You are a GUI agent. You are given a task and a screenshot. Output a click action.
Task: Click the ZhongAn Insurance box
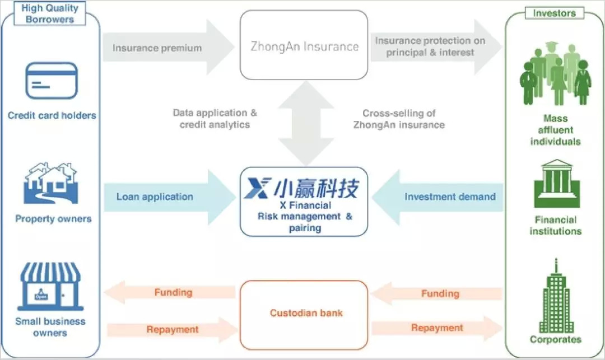point(304,45)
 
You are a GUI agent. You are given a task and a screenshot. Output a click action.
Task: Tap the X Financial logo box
point(304,201)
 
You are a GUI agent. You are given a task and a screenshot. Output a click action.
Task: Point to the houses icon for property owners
point(51,183)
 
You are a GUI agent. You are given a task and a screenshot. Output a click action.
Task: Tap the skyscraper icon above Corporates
point(555,297)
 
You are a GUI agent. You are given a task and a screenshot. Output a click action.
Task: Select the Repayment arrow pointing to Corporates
point(437,328)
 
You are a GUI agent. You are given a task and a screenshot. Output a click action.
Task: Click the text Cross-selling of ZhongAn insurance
point(399,119)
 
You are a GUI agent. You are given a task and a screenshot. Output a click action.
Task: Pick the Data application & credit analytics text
point(215,119)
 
